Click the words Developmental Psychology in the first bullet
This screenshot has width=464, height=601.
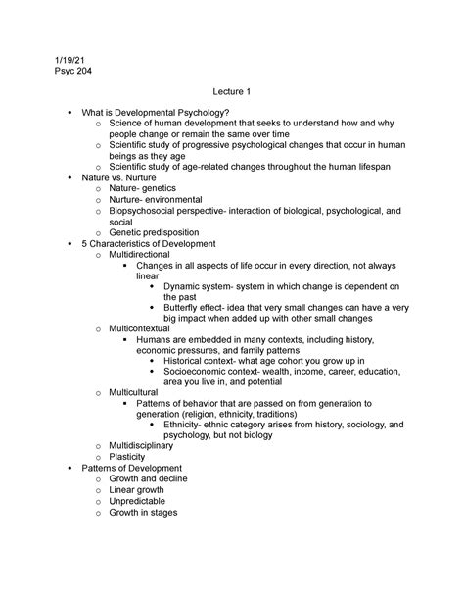(x=171, y=115)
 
